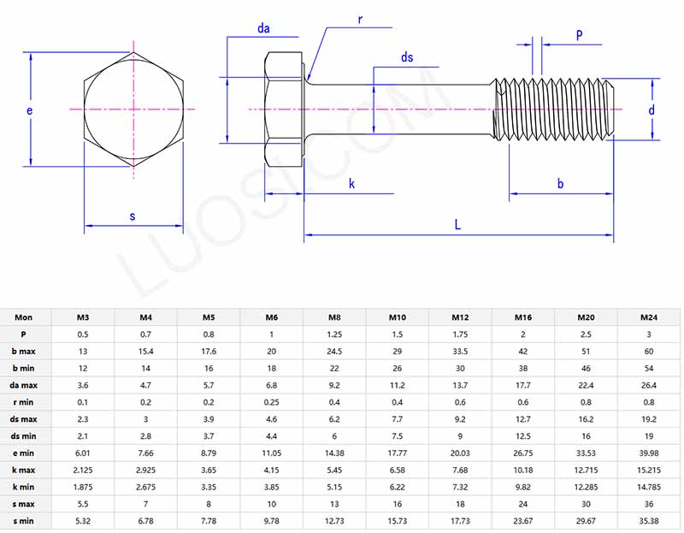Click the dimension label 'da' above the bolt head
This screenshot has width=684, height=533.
264,29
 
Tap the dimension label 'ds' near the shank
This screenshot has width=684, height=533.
407,57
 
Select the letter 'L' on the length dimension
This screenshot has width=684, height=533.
458,225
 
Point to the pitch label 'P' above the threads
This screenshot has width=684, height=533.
579,36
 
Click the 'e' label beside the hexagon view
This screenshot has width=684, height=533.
29,111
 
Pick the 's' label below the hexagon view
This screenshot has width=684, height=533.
133,216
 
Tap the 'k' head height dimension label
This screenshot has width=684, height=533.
352,184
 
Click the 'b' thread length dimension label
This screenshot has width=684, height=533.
561,184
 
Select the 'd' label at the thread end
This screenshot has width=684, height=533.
651,110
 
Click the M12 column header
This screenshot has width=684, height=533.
461,317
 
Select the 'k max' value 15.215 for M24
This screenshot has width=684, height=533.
649,470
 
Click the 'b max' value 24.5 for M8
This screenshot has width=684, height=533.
335,352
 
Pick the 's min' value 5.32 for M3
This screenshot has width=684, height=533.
82,520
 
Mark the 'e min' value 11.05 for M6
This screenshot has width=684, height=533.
272,453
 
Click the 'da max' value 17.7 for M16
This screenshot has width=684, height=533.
523,385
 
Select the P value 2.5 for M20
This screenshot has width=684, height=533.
587,335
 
